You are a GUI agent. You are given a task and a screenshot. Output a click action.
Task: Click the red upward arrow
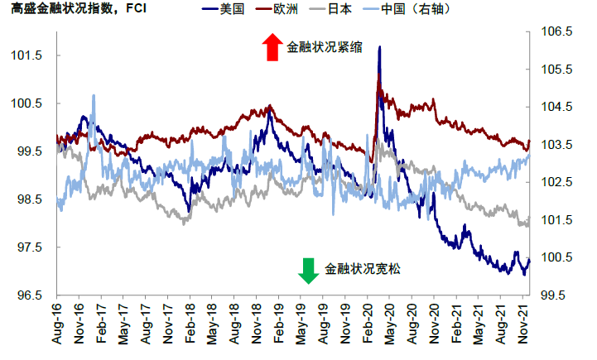[272, 47]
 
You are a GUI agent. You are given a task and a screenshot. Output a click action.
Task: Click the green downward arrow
[308, 270]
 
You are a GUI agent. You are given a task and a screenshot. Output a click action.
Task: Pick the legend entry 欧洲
[293, 11]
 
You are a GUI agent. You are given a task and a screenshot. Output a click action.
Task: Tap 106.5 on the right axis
[556, 31]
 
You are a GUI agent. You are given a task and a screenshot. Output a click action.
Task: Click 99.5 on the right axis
[556, 295]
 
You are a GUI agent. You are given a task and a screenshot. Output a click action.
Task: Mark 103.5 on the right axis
[556, 145]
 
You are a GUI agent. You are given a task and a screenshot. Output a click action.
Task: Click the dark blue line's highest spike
[379, 47]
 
